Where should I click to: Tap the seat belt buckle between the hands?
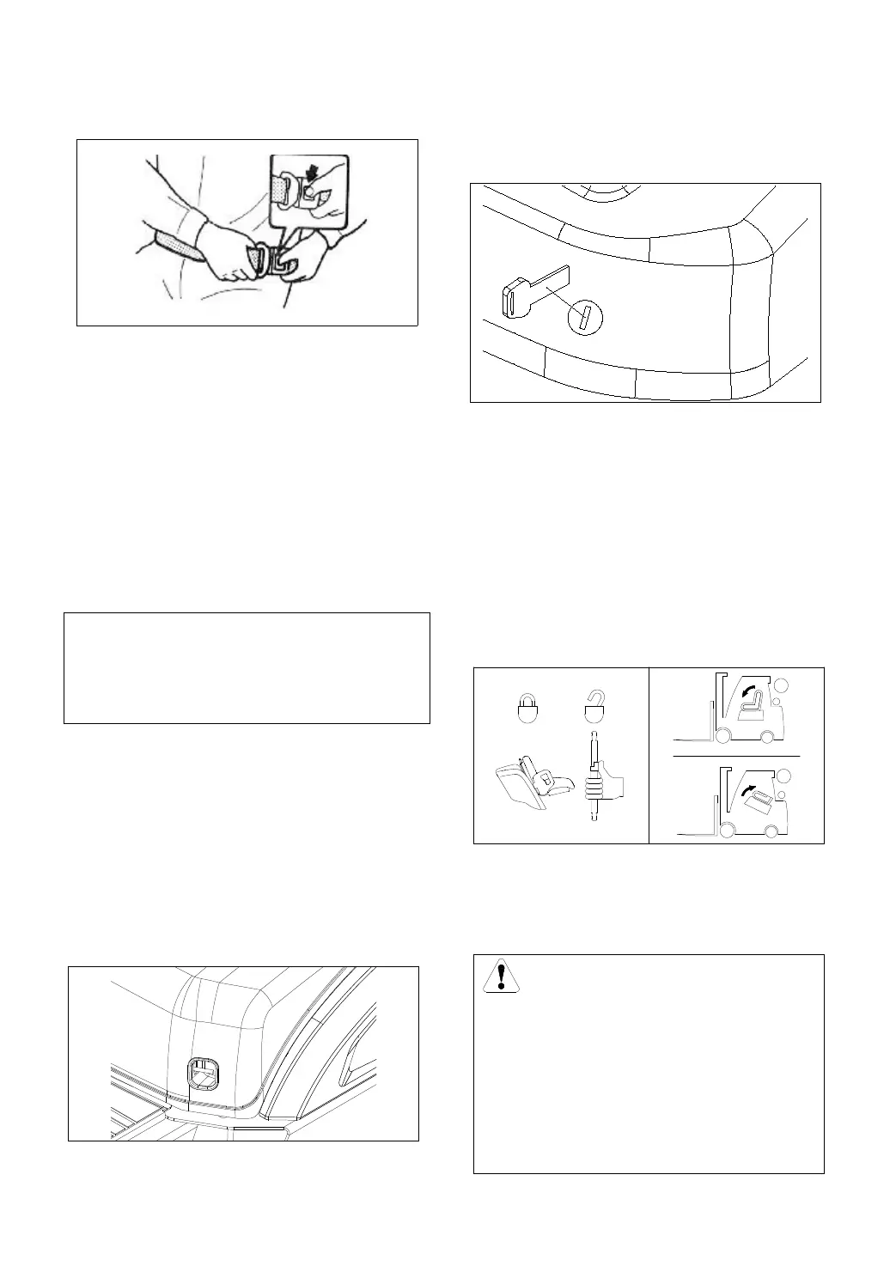coord(274,261)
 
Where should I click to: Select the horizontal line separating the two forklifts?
coord(737,756)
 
